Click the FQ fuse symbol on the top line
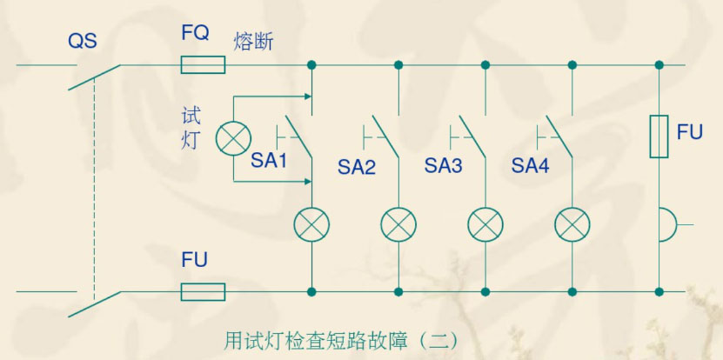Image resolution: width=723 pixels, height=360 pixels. click(203, 65)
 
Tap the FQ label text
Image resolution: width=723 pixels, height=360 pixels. click(196, 35)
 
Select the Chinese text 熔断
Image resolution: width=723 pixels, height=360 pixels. click(253, 41)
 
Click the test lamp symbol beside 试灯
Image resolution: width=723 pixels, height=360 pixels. click(232, 137)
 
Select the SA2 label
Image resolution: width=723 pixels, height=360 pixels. click(357, 166)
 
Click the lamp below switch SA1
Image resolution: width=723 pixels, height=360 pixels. click(311, 225)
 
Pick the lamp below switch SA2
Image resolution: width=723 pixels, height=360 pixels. click(398, 225)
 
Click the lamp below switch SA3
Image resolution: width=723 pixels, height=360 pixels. click(485, 225)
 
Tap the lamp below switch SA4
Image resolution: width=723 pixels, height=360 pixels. click(572, 225)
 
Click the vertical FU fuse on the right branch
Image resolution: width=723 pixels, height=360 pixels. click(659, 137)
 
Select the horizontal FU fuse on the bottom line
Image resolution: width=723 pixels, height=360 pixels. click(203, 291)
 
